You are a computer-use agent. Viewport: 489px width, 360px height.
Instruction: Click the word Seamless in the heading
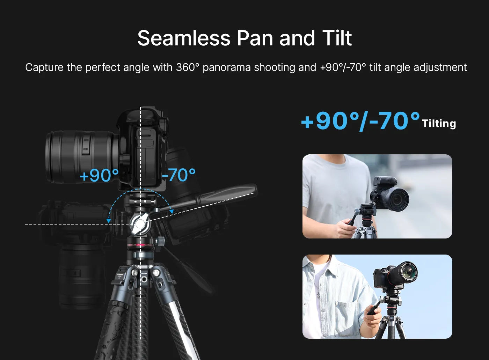(184, 38)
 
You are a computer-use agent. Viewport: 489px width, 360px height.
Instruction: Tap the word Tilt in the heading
(337, 38)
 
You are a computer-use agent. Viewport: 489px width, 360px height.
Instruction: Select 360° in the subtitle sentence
(188, 67)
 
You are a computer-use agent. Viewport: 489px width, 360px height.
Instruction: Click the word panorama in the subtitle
(227, 68)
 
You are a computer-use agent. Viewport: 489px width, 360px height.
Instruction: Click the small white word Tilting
(439, 124)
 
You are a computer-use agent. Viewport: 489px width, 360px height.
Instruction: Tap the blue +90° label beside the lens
(99, 175)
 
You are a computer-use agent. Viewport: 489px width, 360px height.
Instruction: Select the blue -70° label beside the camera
(178, 175)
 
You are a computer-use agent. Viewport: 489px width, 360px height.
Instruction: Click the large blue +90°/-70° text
(360, 121)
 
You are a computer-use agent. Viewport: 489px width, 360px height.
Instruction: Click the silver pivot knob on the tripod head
(140, 223)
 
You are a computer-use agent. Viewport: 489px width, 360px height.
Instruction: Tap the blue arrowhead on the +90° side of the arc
(108, 221)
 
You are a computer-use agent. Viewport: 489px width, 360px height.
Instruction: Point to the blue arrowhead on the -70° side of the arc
(171, 211)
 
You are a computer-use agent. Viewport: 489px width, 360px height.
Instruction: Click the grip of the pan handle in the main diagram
(227, 193)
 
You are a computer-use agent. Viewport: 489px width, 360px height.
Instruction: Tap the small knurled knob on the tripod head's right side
(161, 241)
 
